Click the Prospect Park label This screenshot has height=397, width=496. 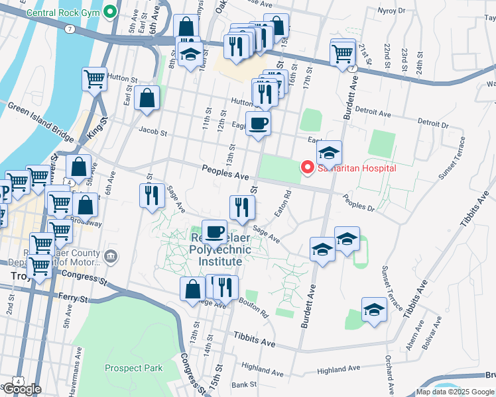click(133, 367)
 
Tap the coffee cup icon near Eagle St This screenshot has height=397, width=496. click(258, 122)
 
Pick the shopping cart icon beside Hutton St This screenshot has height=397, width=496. click(95, 79)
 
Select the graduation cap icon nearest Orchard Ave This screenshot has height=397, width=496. click(374, 310)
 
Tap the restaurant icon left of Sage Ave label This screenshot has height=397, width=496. click(152, 195)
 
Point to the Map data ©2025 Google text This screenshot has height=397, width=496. click(455, 392)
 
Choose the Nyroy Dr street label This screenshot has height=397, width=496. click(409, 11)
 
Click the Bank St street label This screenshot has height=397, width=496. click(244, 384)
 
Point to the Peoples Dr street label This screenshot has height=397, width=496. click(359, 202)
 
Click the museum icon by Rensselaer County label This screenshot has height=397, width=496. click(111, 255)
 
